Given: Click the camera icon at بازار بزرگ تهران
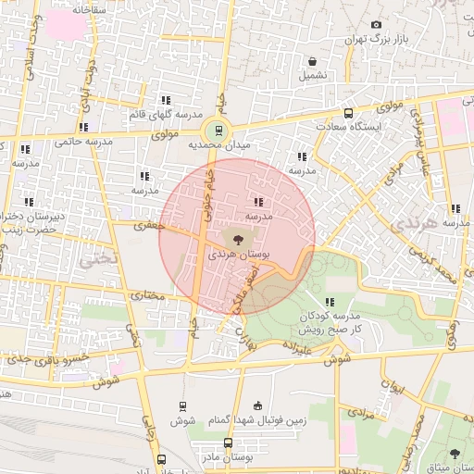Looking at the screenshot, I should (x=375, y=25).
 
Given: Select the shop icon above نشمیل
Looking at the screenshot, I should (x=312, y=61).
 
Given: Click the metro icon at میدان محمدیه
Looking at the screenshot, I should (x=219, y=131).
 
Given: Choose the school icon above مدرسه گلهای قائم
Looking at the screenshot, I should (x=166, y=100).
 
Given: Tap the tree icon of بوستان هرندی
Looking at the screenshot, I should (x=240, y=238).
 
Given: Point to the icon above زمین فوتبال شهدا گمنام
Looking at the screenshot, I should (x=257, y=405).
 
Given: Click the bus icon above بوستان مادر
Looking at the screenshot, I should (x=228, y=443).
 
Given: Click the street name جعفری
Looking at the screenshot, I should (x=147, y=224).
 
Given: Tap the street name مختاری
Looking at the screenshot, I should (x=145, y=295).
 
